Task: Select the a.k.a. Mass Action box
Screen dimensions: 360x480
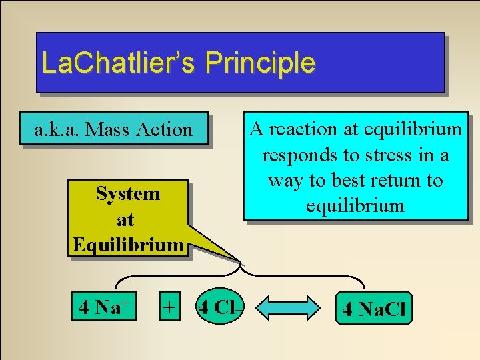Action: click(113, 129)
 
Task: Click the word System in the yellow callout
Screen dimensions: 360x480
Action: click(128, 194)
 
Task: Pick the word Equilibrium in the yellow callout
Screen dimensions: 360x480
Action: click(128, 245)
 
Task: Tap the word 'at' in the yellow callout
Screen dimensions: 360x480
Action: click(125, 219)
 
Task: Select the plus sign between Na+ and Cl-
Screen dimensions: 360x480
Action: click(170, 307)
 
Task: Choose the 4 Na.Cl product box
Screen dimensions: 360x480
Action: click(374, 309)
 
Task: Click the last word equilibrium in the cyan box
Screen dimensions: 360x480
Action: click(355, 205)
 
